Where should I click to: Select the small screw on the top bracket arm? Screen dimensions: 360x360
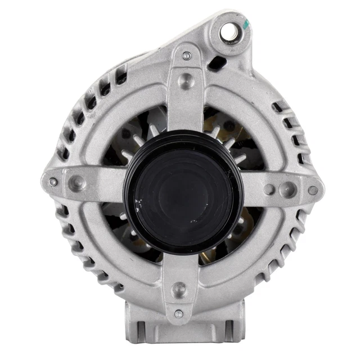[x=187, y=56]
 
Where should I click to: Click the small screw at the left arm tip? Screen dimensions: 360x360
[x=53, y=182]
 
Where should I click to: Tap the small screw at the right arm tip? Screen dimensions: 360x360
[x=313, y=191]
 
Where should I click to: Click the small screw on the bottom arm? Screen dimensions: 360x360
[x=178, y=313]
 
